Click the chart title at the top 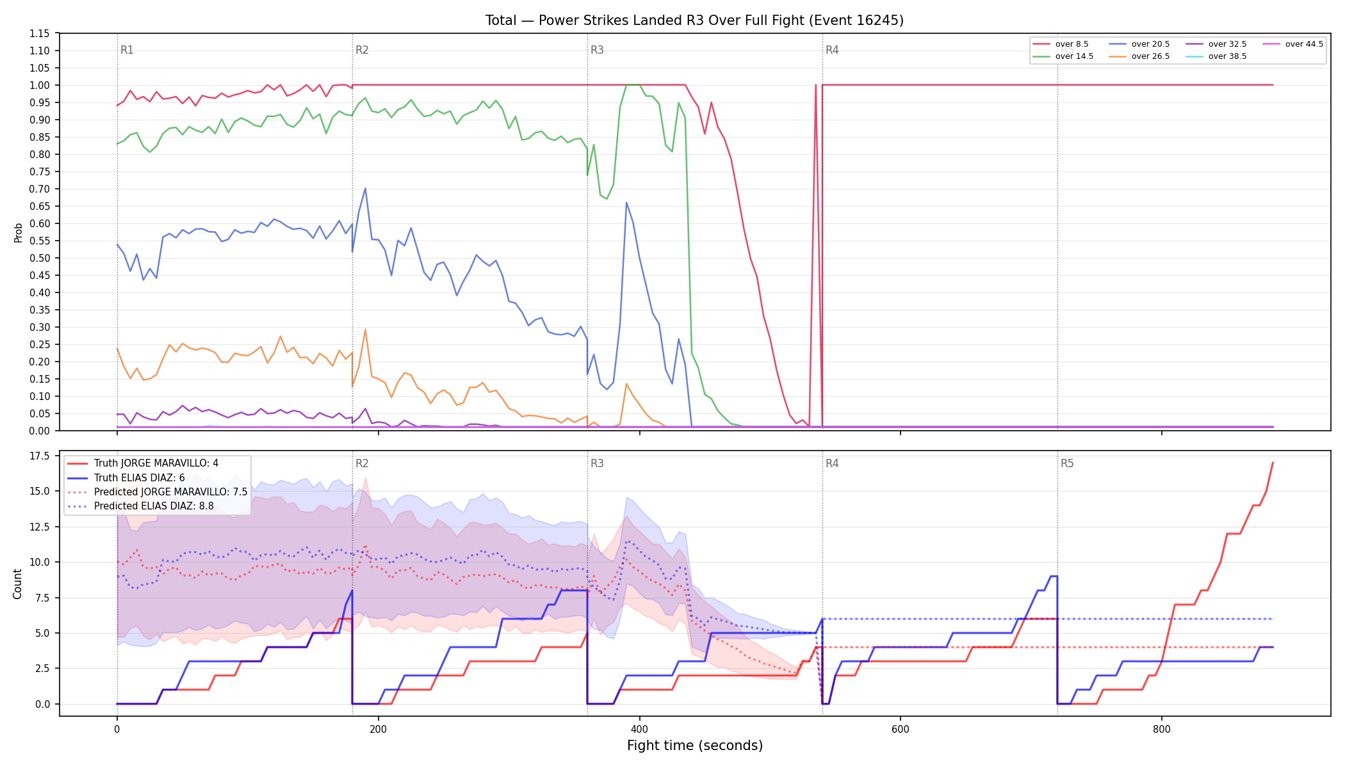coord(694,20)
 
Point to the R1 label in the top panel coord(127,50)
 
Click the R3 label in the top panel coord(597,50)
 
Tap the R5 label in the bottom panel coord(1067,463)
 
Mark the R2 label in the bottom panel coord(362,463)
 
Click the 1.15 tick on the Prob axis coord(39,33)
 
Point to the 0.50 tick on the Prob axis coord(39,258)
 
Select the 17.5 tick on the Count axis coord(39,456)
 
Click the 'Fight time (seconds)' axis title coord(695,746)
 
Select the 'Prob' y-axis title coord(19,232)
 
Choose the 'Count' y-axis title coord(17,584)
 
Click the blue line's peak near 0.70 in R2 coord(365,188)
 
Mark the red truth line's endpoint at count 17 coord(1273,462)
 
